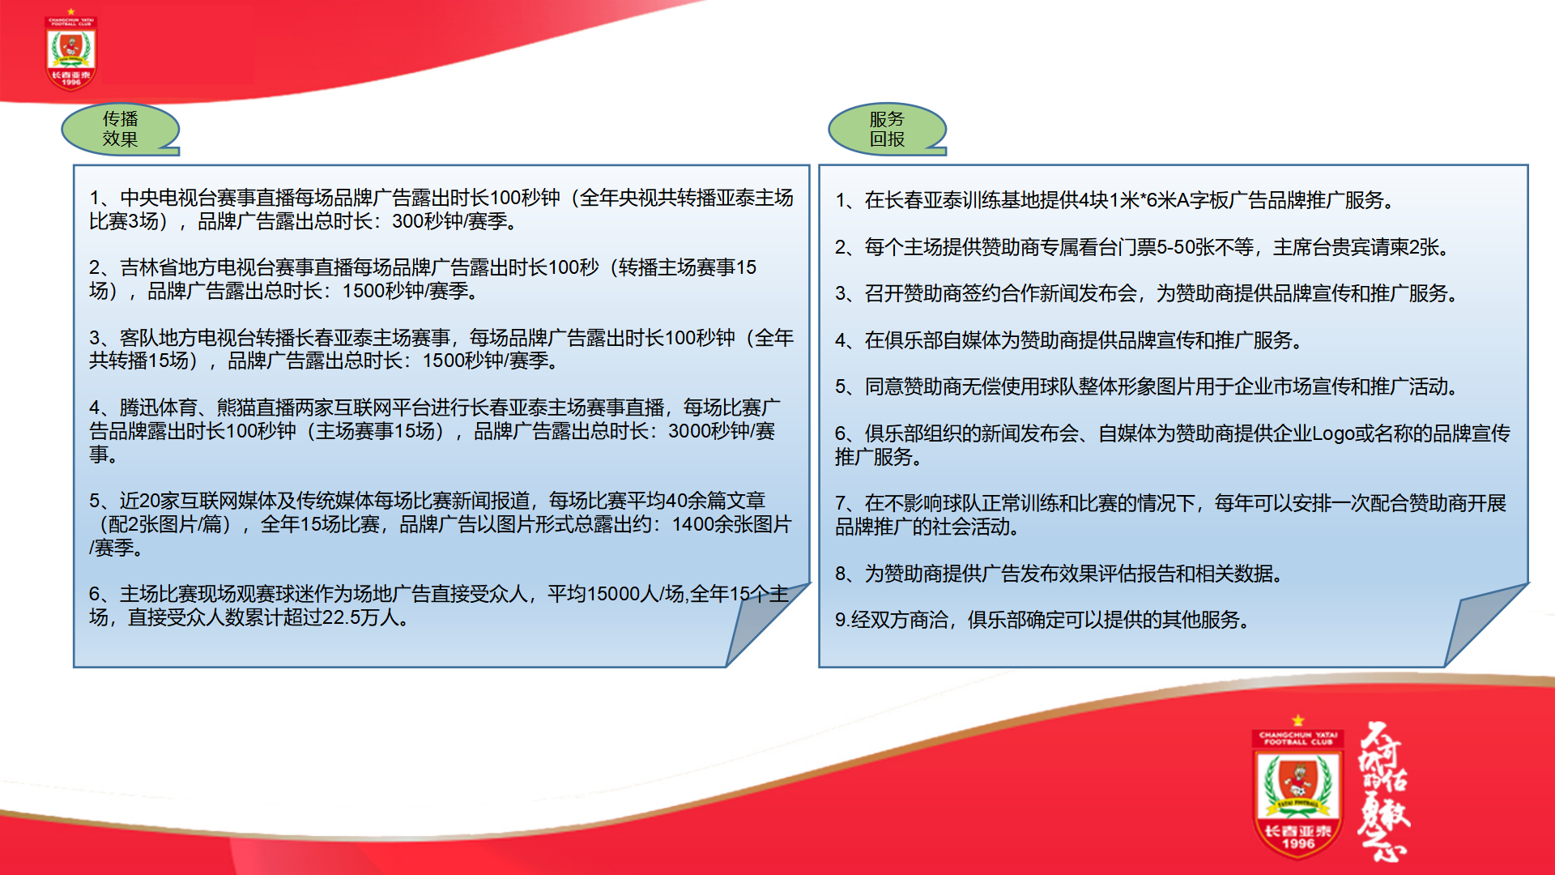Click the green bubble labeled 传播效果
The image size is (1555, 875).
point(120,129)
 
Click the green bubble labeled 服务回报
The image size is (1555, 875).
point(887,129)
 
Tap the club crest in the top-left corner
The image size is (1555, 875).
point(71,49)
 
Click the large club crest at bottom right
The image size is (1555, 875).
point(1297,787)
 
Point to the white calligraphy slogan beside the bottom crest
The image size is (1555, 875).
point(1383,791)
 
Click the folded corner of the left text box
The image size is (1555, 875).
point(765,624)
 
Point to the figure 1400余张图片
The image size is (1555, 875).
point(731,524)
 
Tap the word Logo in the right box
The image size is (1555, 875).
point(1333,434)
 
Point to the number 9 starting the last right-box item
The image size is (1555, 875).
point(841,621)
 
